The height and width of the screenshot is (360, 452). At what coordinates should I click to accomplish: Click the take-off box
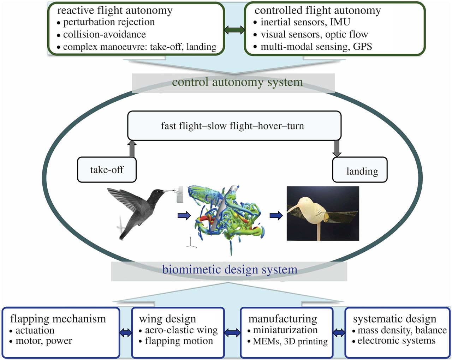[x=107, y=170]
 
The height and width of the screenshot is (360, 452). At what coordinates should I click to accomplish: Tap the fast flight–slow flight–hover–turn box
[x=234, y=126]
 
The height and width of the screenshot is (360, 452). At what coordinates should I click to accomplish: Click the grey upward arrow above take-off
[x=132, y=149]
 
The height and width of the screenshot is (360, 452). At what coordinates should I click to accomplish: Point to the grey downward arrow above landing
[x=337, y=149]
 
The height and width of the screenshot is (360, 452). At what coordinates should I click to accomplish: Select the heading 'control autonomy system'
[x=237, y=82]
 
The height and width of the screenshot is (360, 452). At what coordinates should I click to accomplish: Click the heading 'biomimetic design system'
[x=230, y=270]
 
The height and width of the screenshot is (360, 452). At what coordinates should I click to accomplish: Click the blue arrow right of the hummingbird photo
[x=184, y=215]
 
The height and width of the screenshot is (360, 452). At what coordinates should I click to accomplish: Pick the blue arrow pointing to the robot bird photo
[x=276, y=215]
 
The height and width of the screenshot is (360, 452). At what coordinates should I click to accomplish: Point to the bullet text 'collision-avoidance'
[x=104, y=34]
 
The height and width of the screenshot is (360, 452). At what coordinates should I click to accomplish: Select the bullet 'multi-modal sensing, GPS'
[x=316, y=46]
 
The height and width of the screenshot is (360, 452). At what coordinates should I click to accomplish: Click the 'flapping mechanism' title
[x=58, y=319]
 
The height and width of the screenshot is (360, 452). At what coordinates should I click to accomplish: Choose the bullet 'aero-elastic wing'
[x=181, y=330]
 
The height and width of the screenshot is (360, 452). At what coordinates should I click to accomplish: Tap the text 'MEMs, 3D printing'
[x=290, y=341]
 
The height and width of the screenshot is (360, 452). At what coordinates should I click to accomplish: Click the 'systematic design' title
[x=394, y=319]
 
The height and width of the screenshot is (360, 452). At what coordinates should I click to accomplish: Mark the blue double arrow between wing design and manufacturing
[x=232, y=332]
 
